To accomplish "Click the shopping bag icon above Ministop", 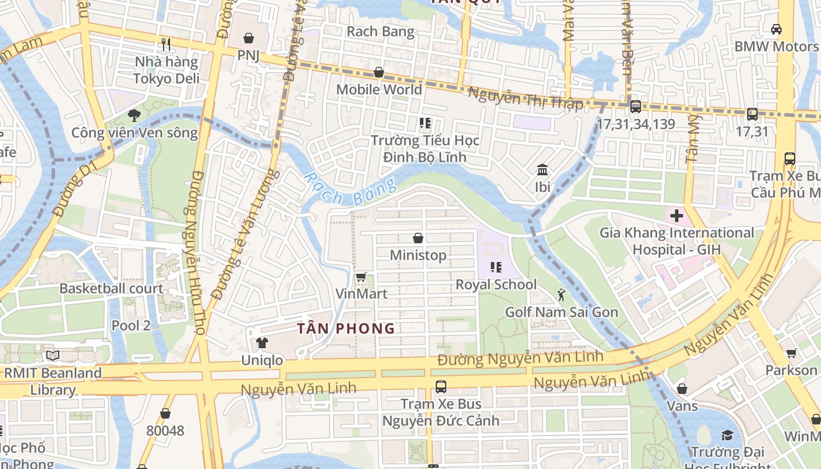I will pyautogui.click(x=418, y=238).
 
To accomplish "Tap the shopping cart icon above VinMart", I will pyautogui.click(x=361, y=277).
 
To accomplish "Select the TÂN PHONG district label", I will pyautogui.click(x=346, y=328).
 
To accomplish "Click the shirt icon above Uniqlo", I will pyautogui.click(x=262, y=343).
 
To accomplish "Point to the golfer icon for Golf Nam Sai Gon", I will pyautogui.click(x=561, y=295).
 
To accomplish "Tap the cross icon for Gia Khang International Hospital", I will pyautogui.click(x=677, y=216).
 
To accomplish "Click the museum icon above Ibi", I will pyautogui.click(x=542, y=170).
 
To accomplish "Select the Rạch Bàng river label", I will pyautogui.click(x=350, y=191).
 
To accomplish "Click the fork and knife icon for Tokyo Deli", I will pyautogui.click(x=166, y=44).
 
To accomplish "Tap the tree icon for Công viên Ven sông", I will pyautogui.click(x=134, y=115).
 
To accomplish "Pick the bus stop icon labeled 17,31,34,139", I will pyautogui.click(x=635, y=107).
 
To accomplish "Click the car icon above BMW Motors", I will pyautogui.click(x=776, y=29).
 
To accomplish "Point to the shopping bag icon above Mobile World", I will pyautogui.click(x=379, y=73).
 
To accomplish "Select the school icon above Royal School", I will pyautogui.click(x=496, y=267).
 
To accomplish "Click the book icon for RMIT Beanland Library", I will pyautogui.click(x=53, y=355).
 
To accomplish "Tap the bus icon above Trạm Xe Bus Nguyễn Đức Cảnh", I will pyautogui.click(x=440, y=387).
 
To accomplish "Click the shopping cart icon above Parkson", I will pyautogui.click(x=791, y=353).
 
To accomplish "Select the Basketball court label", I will pyautogui.click(x=111, y=288).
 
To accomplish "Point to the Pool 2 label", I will pyautogui.click(x=131, y=325).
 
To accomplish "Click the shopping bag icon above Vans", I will pyautogui.click(x=681, y=389).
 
